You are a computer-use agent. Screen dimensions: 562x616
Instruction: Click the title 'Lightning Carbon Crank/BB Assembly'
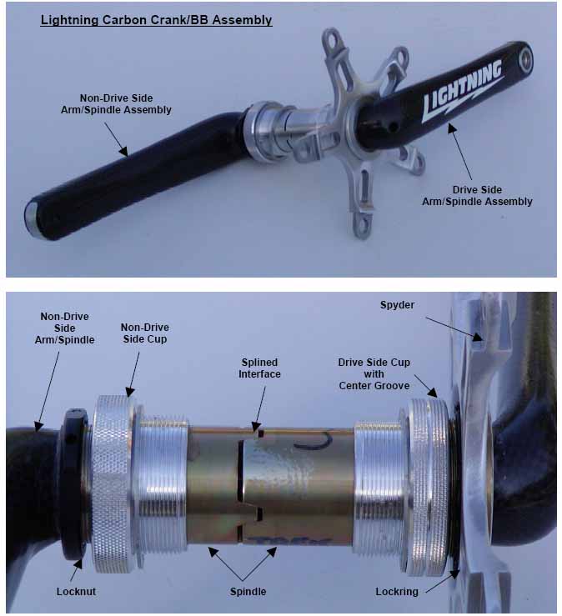(x=156, y=20)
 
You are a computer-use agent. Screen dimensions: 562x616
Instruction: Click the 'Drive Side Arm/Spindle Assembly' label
(x=477, y=196)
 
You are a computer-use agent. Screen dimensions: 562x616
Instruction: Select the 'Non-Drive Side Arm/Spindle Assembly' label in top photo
(x=116, y=103)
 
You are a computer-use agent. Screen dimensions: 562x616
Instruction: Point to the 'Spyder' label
(x=397, y=305)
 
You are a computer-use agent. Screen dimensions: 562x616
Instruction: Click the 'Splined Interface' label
(x=259, y=368)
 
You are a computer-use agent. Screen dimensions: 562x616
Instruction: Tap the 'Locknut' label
(x=76, y=592)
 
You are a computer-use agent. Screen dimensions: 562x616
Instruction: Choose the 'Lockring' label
(x=397, y=592)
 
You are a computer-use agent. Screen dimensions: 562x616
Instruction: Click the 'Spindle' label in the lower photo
(x=248, y=592)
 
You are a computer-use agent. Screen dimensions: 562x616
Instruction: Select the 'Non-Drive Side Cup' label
(x=144, y=333)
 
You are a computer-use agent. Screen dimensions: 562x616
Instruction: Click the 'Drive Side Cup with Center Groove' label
(x=374, y=374)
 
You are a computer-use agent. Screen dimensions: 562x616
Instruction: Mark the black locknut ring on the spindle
(x=74, y=485)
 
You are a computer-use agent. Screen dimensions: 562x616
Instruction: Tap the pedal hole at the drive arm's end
(x=524, y=60)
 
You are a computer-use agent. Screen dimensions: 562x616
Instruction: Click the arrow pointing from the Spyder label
(x=454, y=329)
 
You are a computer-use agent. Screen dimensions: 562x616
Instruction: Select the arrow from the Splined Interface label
(x=260, y=409)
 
